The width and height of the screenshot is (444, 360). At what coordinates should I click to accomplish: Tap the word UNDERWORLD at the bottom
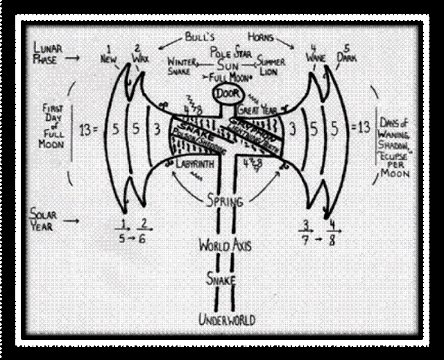point(227,319)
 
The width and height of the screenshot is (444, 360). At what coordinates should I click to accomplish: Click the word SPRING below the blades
point(224,202)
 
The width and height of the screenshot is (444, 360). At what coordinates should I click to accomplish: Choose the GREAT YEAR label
point(257,110)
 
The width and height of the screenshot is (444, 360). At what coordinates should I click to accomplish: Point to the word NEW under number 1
point(108,60)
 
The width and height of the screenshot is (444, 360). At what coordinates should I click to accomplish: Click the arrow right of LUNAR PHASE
point(86,60)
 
